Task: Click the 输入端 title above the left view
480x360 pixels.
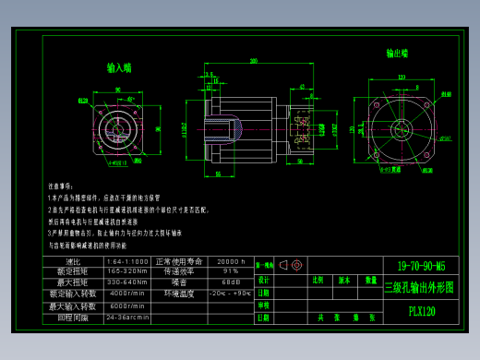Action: click(119, 67)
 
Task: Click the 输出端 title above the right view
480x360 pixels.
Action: click(398, 54)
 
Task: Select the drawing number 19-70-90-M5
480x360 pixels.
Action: click(420, 265)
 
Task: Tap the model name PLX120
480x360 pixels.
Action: click(421, 311)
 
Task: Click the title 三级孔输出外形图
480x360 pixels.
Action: click(420, 287)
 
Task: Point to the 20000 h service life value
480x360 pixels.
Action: click(231, 261)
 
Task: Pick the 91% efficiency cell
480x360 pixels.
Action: click(231, 271)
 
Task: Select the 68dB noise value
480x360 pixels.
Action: click(231, 282)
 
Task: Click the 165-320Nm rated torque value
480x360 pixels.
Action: click(127, 271)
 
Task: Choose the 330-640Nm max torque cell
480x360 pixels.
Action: click(127, 282)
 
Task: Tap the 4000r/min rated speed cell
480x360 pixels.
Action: click(127, 293)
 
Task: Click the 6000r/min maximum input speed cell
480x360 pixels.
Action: click(127, 306)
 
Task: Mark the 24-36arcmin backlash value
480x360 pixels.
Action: click(127, 317)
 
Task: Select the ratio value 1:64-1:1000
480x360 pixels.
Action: click(127, 261)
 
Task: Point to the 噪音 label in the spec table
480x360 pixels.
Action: click(178, 282)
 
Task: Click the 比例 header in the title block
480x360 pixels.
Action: click(319, 279)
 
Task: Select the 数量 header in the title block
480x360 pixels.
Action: click(370, 279)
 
